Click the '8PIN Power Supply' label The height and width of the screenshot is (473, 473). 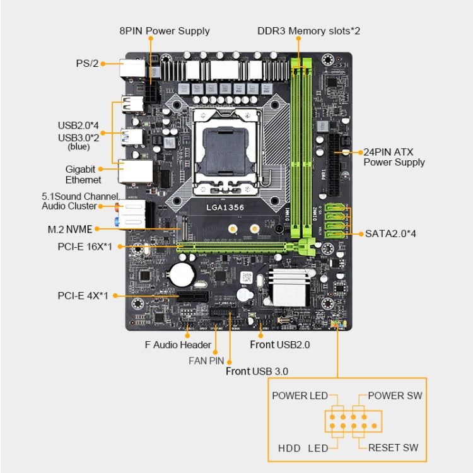(165, 31)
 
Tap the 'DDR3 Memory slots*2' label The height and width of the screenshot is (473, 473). (308, 31)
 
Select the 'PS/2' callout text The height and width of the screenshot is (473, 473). (86, 63)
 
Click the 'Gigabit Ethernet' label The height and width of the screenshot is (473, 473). (80, 175)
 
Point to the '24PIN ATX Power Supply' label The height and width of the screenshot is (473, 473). (394, 157)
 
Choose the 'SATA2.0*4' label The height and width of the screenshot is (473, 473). (390, 233)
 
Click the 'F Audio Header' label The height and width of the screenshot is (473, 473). (178, 345)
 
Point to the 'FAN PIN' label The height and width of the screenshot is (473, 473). (207, 361)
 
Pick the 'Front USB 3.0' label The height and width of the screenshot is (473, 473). (257, 371)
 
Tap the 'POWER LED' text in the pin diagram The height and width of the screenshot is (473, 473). (300, 396)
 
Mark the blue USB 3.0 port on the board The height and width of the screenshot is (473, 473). (132, 135)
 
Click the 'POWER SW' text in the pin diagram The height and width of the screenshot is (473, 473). (395, 396)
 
